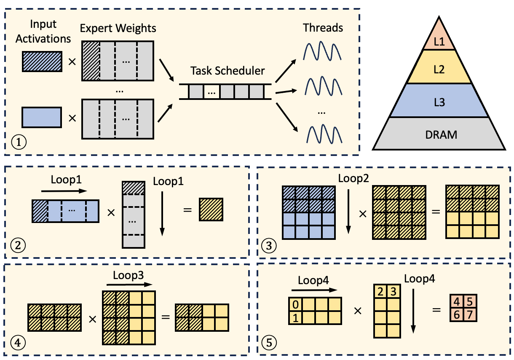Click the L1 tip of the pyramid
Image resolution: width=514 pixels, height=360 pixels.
[439, 41]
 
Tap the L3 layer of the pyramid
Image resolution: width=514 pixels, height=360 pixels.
[439, 101]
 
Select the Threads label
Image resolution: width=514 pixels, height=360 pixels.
[323, 28]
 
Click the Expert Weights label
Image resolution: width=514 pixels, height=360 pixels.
[118, 28]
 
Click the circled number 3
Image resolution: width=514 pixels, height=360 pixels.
[269, 245]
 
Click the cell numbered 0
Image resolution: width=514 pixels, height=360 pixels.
[295, 304]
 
